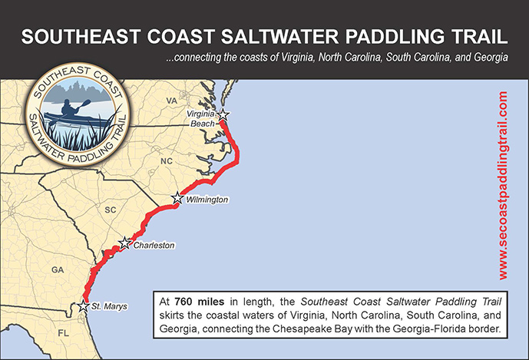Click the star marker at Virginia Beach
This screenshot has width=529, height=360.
click(x=223, y=114)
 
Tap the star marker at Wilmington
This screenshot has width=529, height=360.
click(x=177, y=198)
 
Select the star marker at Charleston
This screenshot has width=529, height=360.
click(x=124, y=243)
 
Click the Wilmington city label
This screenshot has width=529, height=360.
click(x=207, y=200)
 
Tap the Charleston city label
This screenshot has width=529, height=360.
click(x=154, y=246)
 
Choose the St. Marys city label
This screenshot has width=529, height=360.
click(x=109, y=307)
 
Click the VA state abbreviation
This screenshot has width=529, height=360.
click(x=172, y=101)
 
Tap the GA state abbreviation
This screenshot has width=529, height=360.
click(x=58, y=270)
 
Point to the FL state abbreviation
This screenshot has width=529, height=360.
click(x=64, y=335)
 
